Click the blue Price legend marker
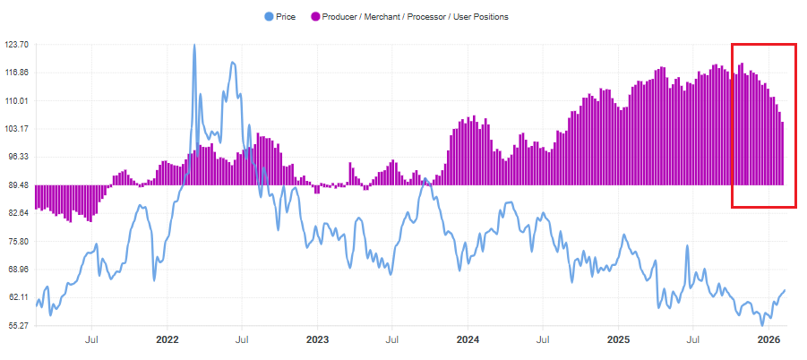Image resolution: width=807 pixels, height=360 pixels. click(269, 16)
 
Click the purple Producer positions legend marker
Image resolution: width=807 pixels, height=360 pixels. click(315, 16)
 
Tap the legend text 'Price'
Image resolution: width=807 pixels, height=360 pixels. click(287, 16)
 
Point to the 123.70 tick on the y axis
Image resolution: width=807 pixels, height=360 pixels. click(17, 44)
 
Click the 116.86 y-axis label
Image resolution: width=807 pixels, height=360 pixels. click(17, 73)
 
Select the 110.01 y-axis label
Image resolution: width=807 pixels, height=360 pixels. click(17, 100)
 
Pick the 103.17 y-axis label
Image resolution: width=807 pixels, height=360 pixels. click(17, 129)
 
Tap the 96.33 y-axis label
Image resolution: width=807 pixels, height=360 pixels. click(17, 157)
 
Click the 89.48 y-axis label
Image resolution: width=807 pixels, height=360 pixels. click(17, 185)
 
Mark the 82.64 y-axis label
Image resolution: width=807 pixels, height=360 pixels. click(17, 213)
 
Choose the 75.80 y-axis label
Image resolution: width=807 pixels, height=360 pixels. click(17, 242)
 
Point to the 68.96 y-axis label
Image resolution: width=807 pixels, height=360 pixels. click(17, 270)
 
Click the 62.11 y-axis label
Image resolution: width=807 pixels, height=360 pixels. click(17, 297)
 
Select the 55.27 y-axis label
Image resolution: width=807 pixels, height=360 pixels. click(17, 326)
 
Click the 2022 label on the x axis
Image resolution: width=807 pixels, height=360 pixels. click(167, 340)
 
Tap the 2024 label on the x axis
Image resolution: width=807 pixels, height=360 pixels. click(468, 340)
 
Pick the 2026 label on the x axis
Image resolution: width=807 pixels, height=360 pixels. click(769, 340)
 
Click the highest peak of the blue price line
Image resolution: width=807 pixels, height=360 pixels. click(194, 46)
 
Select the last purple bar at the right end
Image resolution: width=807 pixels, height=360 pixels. click(782, 153)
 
